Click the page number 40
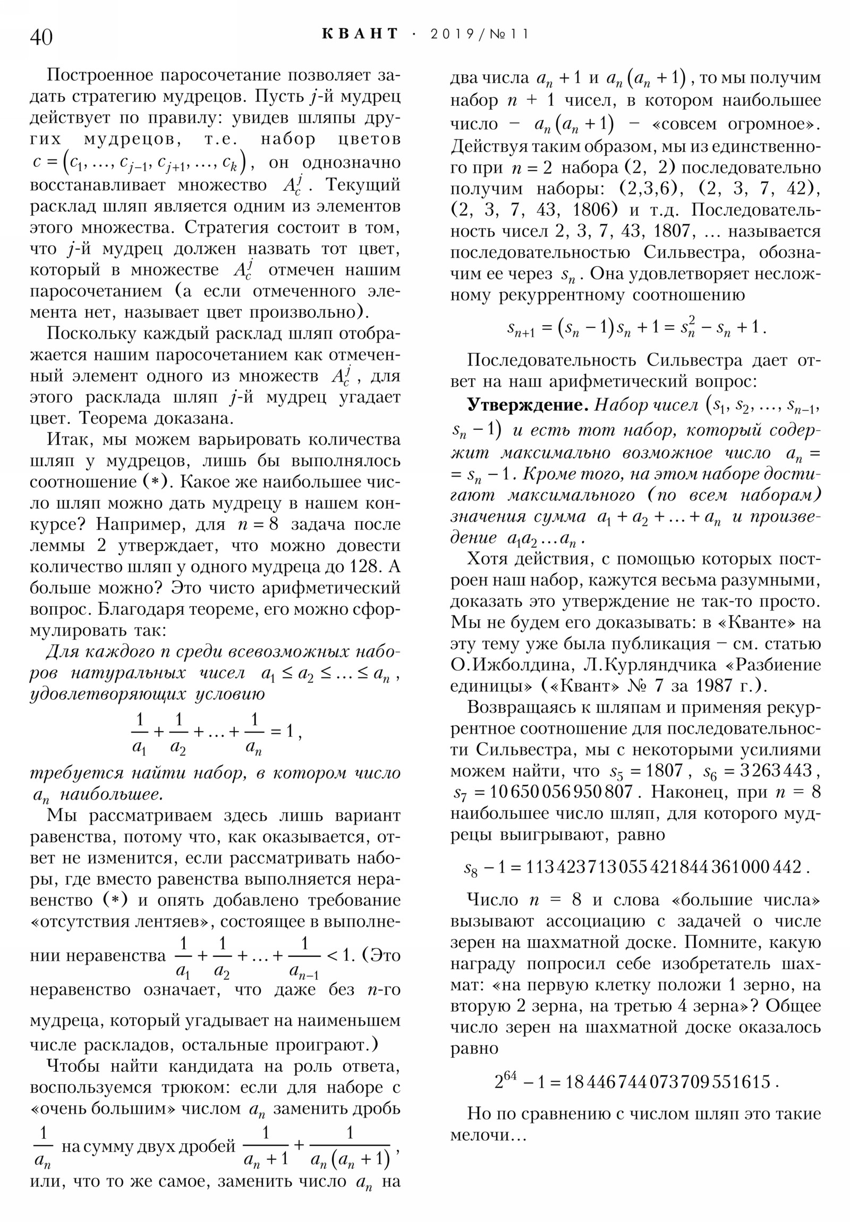41,38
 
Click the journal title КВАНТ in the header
360,34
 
